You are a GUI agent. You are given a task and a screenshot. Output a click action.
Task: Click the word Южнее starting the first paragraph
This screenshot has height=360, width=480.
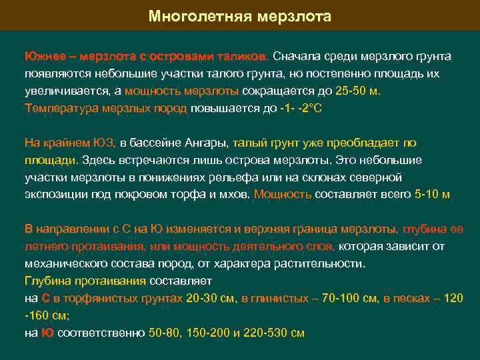pos(42,55)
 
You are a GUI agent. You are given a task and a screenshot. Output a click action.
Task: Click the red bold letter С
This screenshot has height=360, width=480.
pos(45,299)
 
